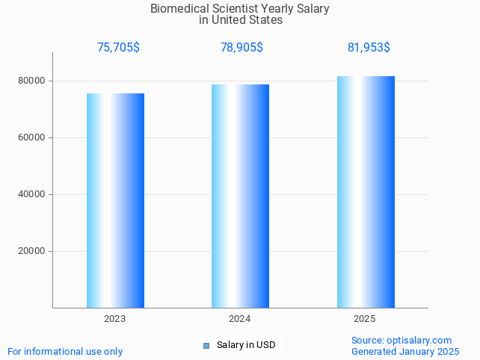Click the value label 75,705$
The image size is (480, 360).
tap(118, 48)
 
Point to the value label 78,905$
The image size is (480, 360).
tap(241, 48)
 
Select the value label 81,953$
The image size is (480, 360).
tap(369, 48)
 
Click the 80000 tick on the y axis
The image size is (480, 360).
tap(31, 81)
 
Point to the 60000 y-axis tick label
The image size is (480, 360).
tap(31, 137)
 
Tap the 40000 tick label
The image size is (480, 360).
tap(31, 194)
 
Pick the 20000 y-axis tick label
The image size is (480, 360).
tap(31, 251)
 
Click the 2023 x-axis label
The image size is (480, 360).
tap(115, 319)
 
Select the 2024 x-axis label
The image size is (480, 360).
tap(240, 319)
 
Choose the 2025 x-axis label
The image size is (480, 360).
tap(365, 319)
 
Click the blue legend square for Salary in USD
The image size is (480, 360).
tap(206, 345)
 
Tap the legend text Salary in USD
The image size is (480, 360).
tap(246, 345)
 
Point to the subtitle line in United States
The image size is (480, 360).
tap(241, 20)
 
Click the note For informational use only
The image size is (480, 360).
tap(65, 352)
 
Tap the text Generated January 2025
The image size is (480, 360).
tap(405, 352)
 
